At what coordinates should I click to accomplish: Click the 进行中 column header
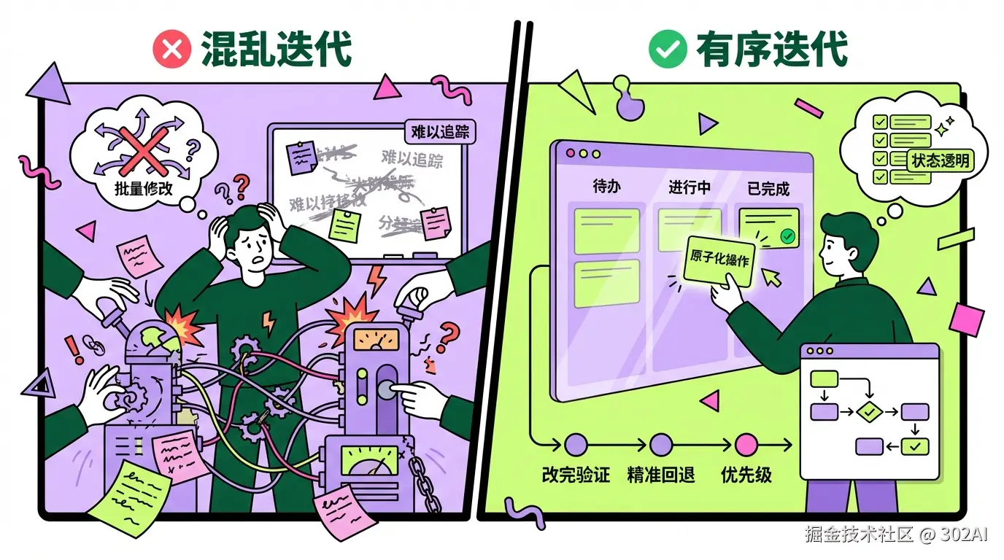point(690,187)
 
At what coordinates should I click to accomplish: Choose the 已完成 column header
point(768,188)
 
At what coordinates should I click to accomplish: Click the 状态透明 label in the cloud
point(941,160)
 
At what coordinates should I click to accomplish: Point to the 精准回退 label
point(661,475)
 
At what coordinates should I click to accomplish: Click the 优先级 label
point(746,475)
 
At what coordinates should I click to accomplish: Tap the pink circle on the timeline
point(746,443)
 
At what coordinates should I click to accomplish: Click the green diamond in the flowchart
point(868,412)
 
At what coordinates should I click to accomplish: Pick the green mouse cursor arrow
point(771,276)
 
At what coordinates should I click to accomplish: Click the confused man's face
point(252,255)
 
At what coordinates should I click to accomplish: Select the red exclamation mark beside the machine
point(74,349)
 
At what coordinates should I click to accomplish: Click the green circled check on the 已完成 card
point(787,236)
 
